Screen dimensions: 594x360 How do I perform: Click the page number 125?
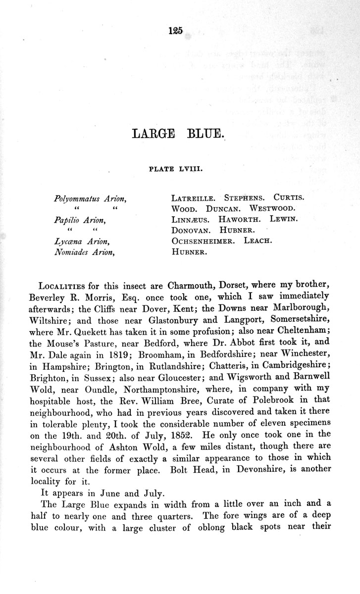click(x=175, y=30)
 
